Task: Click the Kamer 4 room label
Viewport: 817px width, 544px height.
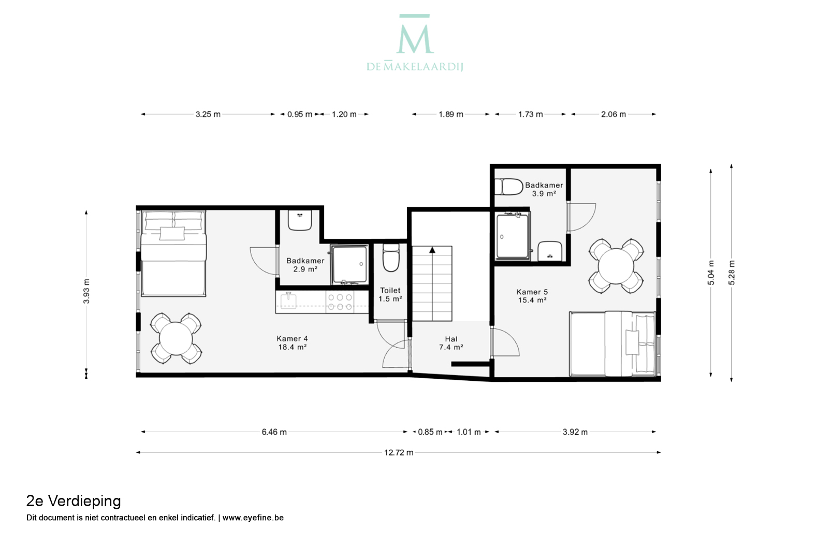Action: coord(292,343)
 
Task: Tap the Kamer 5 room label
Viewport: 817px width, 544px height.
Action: coord(532,296)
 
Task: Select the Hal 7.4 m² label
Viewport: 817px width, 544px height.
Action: coord(451,343)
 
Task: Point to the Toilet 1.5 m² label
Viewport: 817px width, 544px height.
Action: coord(390,295)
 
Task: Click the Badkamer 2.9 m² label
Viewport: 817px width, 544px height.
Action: coord(305,265)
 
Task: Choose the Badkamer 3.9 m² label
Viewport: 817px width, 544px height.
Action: coord(544,190)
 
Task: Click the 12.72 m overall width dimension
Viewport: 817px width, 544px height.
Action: coord(399,453)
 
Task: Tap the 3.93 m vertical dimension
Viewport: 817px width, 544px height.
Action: coord(86,291)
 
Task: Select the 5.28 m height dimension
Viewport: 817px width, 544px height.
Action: coord(732,273)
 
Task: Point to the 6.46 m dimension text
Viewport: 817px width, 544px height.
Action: coord(274,432)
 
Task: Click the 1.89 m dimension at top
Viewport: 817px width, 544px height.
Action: coord(451,114)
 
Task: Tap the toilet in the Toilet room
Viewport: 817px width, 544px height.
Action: coord(391,258)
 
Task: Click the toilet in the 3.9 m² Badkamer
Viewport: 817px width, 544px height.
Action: coord(509,187)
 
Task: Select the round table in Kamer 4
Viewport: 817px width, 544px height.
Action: coord(176,339)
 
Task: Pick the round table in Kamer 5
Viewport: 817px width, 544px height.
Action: coord(616,266)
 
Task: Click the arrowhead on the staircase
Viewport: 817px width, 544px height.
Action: coord(432,250)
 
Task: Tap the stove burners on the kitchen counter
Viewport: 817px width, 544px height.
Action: coord(340,302)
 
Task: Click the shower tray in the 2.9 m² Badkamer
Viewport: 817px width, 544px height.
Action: coord(349,265)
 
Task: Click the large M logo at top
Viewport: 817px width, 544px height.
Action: coord(415,34)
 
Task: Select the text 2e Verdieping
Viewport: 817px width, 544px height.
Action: coord(74,501)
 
